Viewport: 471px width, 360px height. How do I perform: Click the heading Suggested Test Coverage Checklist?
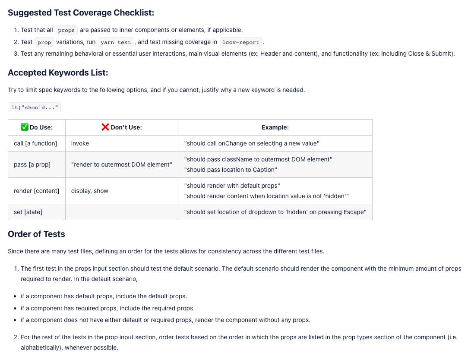coord(81,13)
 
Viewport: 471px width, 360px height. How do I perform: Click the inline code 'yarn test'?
coord(115,42)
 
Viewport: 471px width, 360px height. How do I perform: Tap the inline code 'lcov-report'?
coord(241,42)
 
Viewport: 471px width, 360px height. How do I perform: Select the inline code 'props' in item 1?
coord(66,30)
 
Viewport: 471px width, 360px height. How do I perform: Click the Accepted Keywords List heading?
coord(58,73)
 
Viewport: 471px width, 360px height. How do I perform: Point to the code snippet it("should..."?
coord(35,107)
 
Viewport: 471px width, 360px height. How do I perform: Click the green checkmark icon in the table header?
coord(25,127)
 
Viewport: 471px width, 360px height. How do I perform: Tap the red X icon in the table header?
coord(105,127)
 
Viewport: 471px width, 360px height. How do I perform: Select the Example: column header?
coord(275,127)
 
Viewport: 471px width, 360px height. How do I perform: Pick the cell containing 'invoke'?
coord(80,143)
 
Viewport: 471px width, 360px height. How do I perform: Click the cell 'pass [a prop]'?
coord(32,164)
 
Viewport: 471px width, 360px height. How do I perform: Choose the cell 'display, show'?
coord(90,191)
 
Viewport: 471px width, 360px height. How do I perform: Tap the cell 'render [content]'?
coord(36,191)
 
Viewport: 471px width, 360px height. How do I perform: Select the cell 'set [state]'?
coord(28,212)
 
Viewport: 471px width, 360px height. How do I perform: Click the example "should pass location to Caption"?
coord(231,170)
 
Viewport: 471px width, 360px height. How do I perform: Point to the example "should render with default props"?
coord(232,186)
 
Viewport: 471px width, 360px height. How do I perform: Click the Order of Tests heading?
coord(36,234)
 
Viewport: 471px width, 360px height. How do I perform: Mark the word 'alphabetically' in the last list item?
coord(41,347)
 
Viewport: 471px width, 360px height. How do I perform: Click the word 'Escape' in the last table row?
coord(355,212)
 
